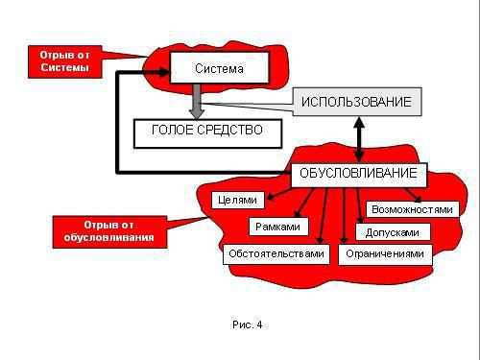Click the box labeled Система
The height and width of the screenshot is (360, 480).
point(219,68)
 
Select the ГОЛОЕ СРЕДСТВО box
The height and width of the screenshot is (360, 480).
point(207,130)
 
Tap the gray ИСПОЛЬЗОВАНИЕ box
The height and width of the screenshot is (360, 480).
point(356,102)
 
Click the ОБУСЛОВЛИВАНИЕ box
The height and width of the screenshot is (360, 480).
point(358,174)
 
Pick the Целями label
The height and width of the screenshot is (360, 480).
point(233,201)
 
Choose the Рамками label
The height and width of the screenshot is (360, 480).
point(278,228)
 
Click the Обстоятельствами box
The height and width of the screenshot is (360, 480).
point(276,253)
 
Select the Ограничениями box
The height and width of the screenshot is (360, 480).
point(384,253)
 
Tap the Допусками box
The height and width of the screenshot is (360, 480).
point(393,231)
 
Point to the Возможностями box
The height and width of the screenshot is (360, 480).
point(410,208)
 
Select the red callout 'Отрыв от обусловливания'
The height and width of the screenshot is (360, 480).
point(102,230)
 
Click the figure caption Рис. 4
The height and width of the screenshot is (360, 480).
point(247,324)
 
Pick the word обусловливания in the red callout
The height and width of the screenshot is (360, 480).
point(102,236)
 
